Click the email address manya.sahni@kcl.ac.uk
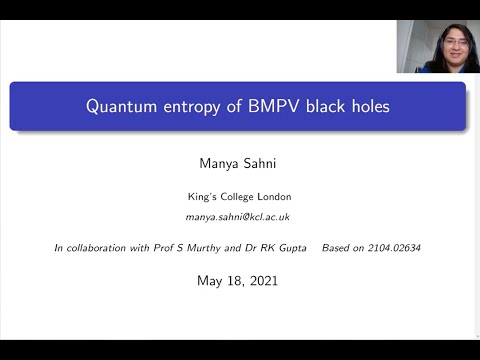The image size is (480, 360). click(238, 217)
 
